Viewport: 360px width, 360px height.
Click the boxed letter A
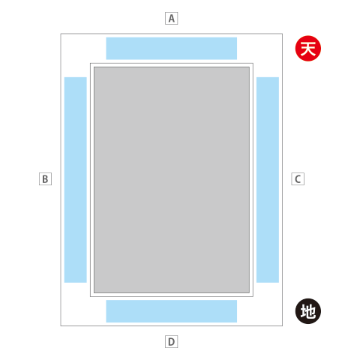tap(171, 18)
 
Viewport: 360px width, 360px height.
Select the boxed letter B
tap(45, 178)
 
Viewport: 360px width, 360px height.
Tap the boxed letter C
tap(298, 178)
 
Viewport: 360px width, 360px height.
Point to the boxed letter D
tap(171, 341)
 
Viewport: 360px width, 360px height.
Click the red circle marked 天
tap(308, 49)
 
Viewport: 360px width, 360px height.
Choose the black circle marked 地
tap(308, 311)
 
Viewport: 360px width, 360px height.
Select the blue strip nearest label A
tap(172, 49)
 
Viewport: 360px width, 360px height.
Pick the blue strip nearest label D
tap(172, 311)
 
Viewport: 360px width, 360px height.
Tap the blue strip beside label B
tap(76, 180)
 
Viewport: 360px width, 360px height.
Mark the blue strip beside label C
tap(268, 180)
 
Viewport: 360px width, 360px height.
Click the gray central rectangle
tap(172, 180)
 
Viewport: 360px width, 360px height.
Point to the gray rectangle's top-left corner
tap(94, 67)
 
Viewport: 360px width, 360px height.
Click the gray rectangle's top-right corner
tap(249, 67)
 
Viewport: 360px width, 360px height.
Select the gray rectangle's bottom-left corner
tap(94, 292)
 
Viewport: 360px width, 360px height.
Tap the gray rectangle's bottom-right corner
tap(249, 292)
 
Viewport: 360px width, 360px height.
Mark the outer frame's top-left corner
tap(61, 34)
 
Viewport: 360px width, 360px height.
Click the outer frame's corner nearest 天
tap(283, 34)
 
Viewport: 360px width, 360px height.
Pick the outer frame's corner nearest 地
tap(283, 325)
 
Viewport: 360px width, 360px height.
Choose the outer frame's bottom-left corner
tap(61, 325)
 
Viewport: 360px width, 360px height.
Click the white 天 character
tap(308, 49)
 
